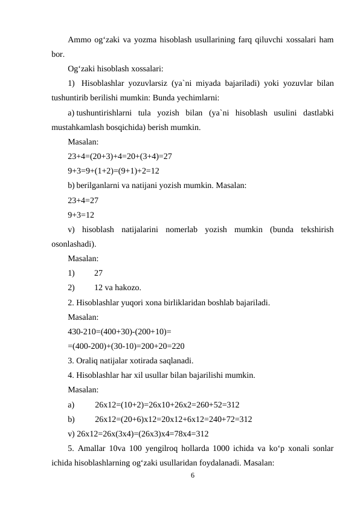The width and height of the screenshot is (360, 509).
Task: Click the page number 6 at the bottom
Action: [192, 476]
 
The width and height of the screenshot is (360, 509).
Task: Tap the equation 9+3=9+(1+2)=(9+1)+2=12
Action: [114, 170]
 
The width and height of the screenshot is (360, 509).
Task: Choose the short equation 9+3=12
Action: [81, 215]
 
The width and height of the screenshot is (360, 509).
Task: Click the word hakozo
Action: [130, 287]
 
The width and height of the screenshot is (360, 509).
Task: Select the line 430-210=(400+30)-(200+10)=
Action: [120, 331]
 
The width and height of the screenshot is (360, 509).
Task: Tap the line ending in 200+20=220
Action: [126, 346]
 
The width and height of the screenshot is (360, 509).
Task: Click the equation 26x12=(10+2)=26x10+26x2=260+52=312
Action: [167, 404]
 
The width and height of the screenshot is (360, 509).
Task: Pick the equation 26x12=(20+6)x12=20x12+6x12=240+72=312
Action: [173, 419]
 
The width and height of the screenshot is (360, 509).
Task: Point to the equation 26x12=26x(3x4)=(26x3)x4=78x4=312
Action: [138, 433]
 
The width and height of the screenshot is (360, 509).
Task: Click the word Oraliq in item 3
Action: [89, 361]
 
